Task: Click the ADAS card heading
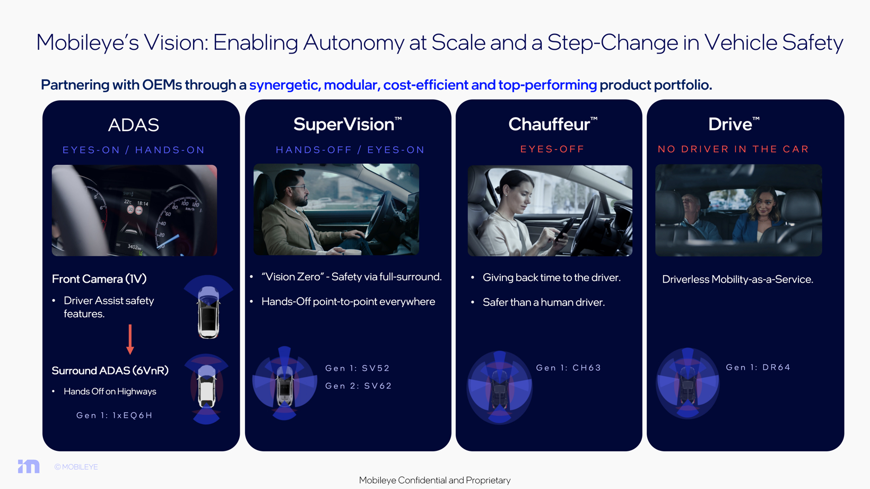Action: (133, 125)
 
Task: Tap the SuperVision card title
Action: (347, 124)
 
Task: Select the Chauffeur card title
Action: (553, 124)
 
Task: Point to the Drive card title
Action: (734, 124)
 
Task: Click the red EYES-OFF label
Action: (552, 149)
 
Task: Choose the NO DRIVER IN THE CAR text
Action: (733, 149)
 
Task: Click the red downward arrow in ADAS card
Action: (130, 339)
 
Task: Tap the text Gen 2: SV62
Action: (358, 386)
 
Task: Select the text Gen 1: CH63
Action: (568, 368)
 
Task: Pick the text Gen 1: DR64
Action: (758, 367)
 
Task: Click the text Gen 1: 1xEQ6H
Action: (114, 415)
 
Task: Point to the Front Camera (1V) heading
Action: (99, 279)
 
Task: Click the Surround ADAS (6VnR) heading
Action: (110, 371)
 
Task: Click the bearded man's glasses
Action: (298, 188)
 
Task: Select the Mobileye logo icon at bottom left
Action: (29, 466)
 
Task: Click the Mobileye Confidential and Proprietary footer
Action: (434, 480)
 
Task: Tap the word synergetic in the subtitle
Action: (285, 85)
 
